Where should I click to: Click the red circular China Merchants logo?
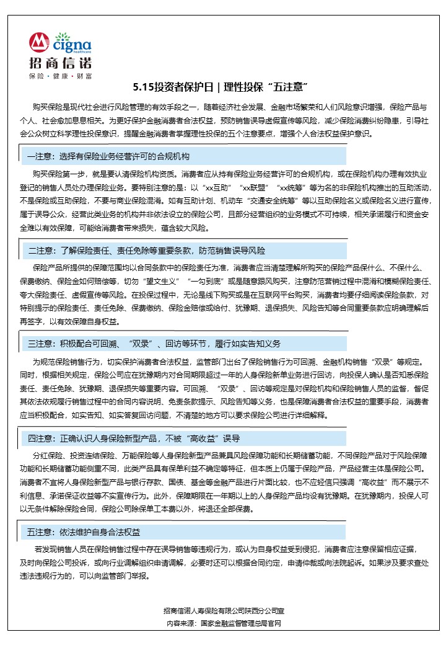pos(39,43)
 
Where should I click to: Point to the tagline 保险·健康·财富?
pos(60,76)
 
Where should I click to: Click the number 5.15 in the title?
pos(144,87)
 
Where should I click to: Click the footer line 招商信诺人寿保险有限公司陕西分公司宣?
pos(223,612)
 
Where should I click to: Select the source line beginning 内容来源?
pos(223,623)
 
